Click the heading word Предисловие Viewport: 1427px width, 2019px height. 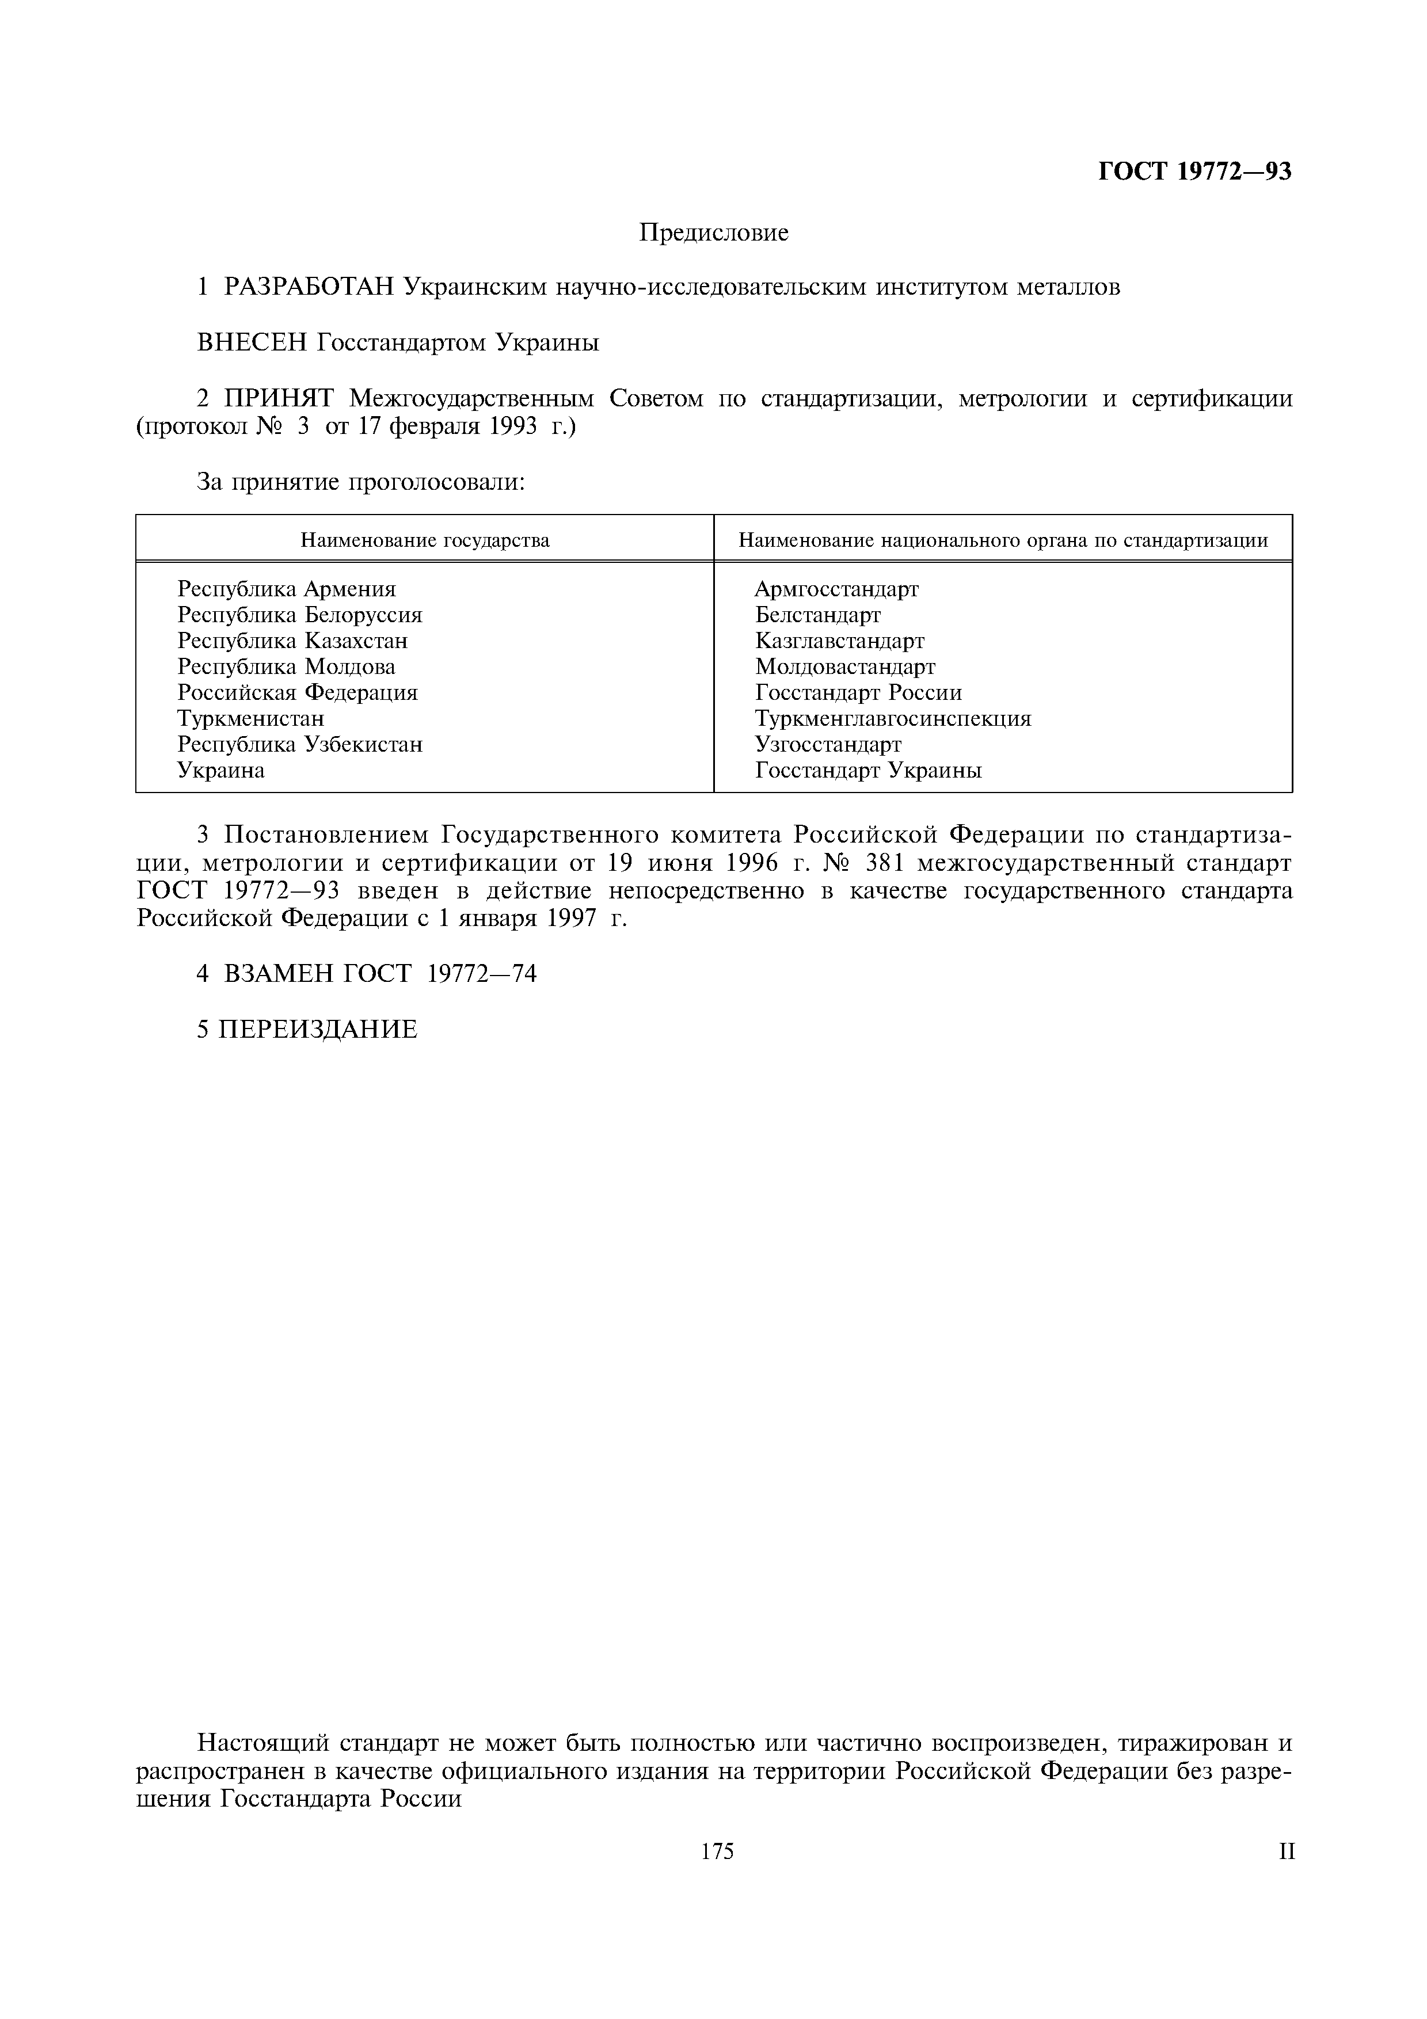point(713,233)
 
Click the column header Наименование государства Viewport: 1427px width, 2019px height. point(425,540)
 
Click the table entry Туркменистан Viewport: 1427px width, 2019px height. point(250,718)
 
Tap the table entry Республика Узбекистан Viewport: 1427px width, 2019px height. point(300,744)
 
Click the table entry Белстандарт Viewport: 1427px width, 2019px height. point(817,615)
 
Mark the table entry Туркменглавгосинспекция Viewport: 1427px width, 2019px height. point(892,718)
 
